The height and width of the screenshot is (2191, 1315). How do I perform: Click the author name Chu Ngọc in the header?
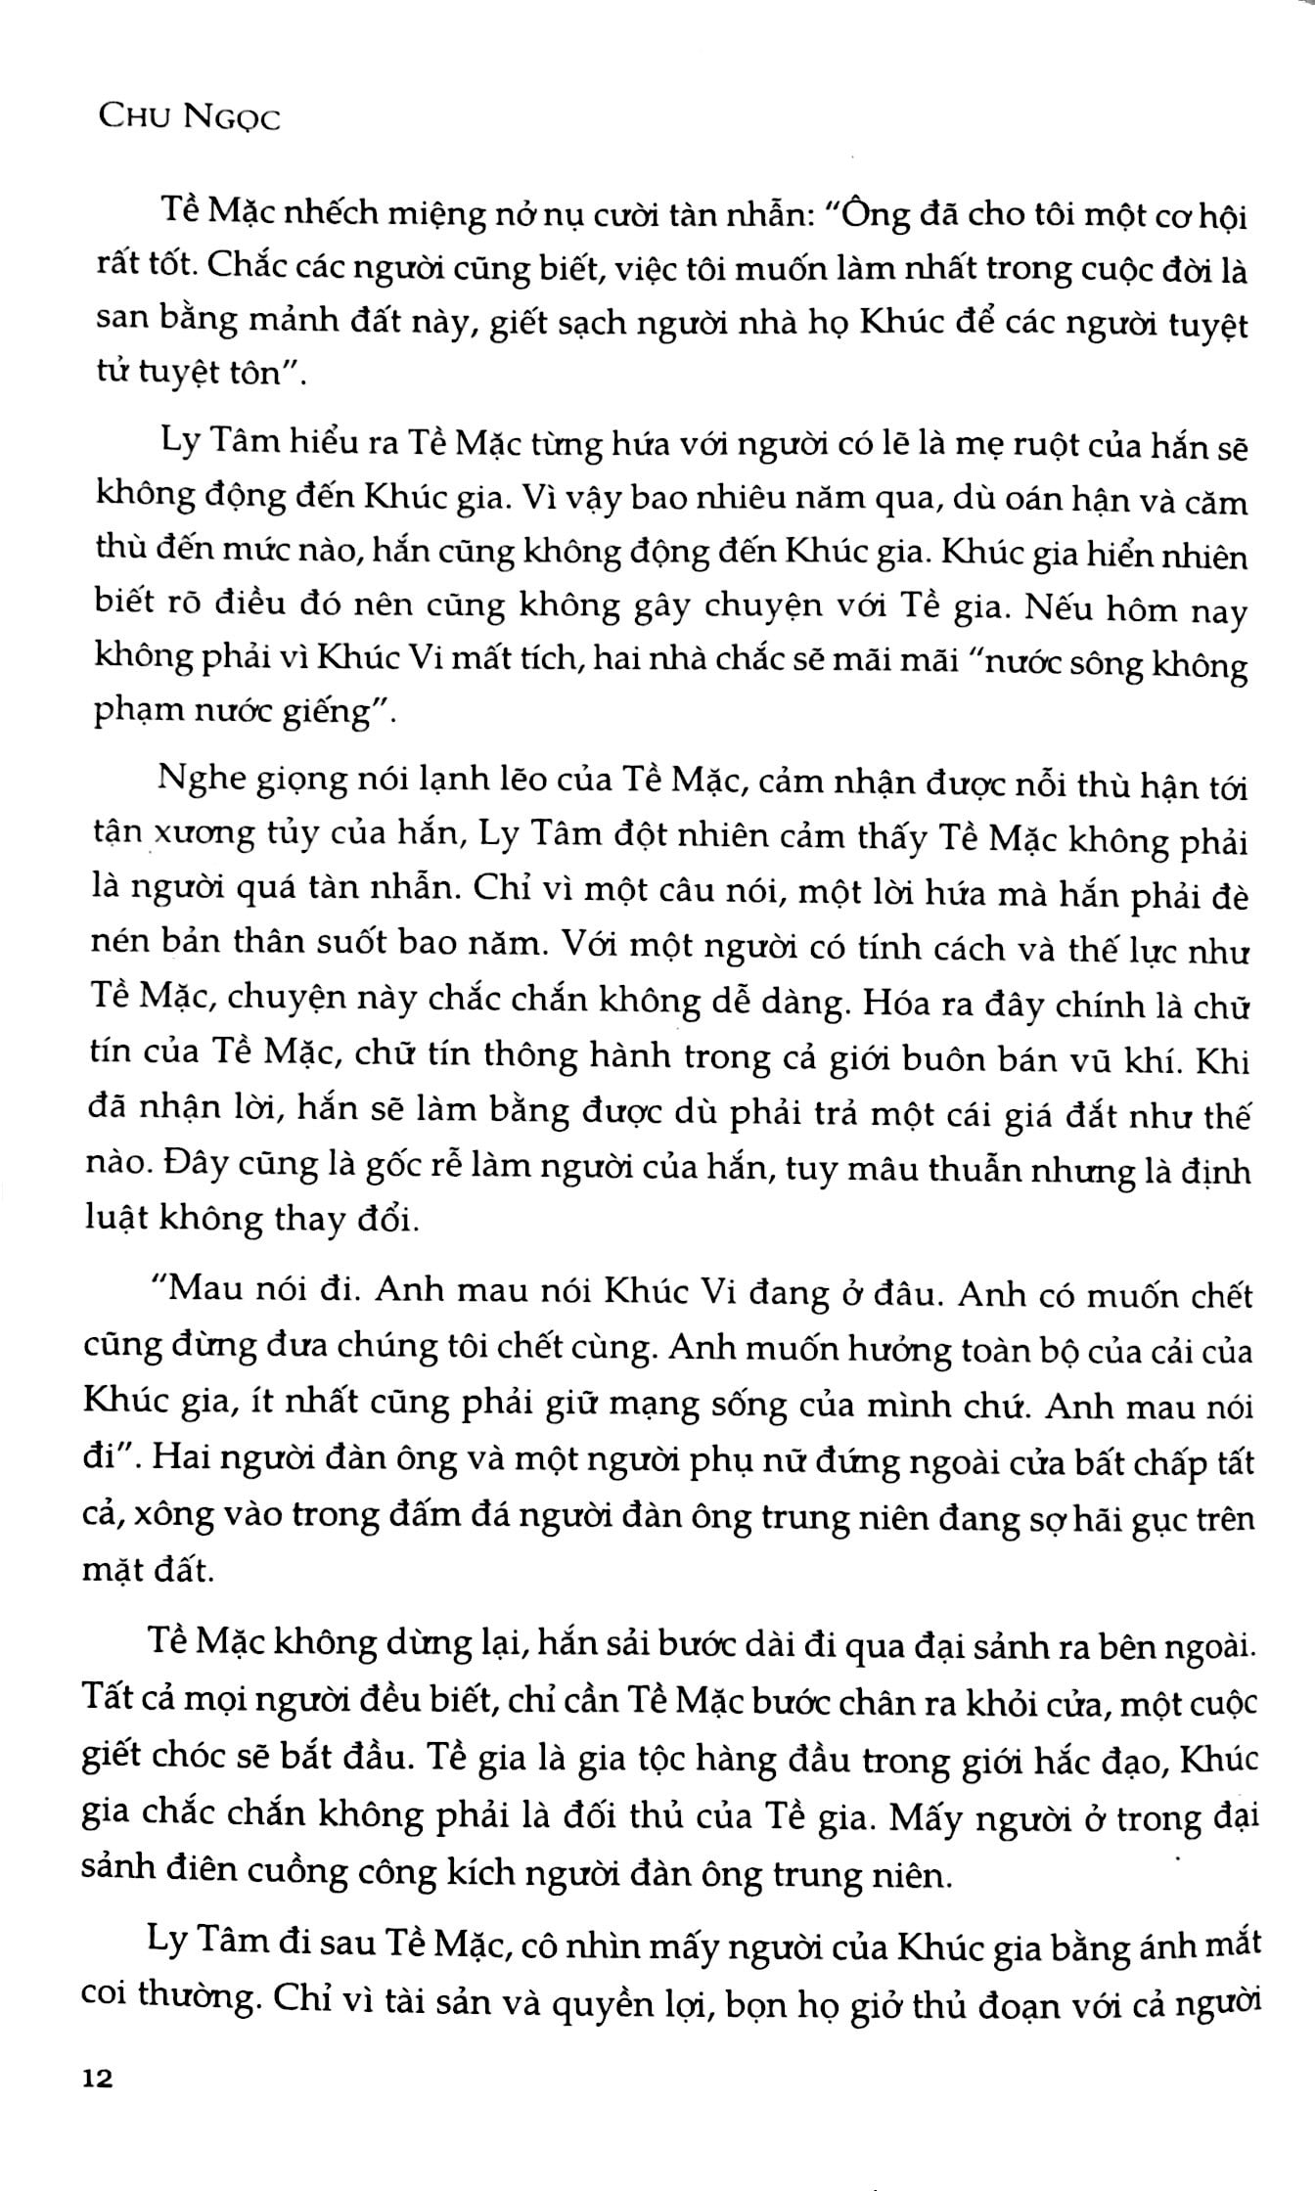(x=190, y=119)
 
